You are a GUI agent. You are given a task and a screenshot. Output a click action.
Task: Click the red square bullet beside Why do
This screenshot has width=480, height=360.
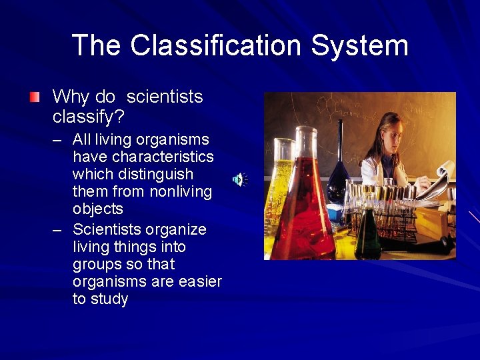pyautogui.click(x=34, y=97)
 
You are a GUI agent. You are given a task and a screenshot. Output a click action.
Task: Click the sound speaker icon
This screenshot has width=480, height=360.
pyautogui.click(x=239, y=179)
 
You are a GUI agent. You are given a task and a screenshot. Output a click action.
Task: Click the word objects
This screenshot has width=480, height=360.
pyautogui.click(x=97, y=209)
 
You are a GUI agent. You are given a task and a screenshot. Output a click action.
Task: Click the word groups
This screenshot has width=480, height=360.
pyautogui.click(x=98, y=264)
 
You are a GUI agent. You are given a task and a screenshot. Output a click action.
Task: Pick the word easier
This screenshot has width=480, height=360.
pyautogui.click(x=200, y=281)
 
